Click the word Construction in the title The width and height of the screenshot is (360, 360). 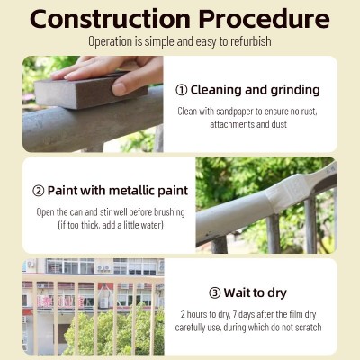[x=110, y=19]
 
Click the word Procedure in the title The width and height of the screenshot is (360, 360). [x=265, y=19]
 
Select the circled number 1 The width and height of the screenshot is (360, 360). [x=182, y=90]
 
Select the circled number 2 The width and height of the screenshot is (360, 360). [x=38, y=191]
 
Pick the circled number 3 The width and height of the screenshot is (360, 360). [x=214, y=293]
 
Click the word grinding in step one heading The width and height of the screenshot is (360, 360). [x=295, y=90]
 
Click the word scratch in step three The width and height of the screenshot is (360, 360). [x=309, y=327]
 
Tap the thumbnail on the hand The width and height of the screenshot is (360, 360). [x=120, y=89]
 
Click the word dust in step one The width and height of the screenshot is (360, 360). [x=279, y=124]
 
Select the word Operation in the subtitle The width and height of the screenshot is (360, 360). [x=110, y=42]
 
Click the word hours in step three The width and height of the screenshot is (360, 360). [x=197, y=314]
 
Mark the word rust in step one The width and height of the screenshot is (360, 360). [x=308, y=112]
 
